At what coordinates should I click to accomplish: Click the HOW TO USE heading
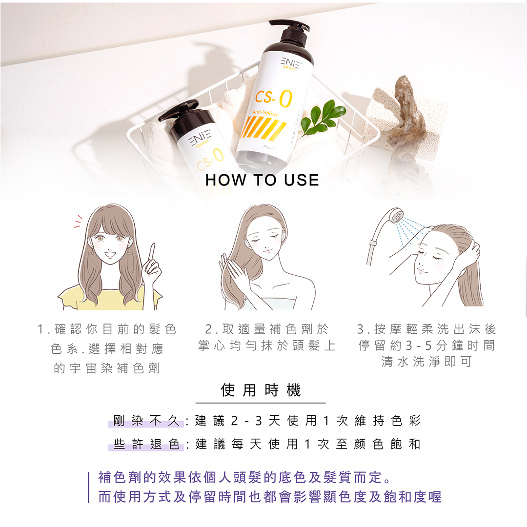click(262, 180)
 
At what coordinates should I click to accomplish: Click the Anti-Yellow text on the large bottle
click(265, 113)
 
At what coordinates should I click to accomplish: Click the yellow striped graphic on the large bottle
click(263, 129)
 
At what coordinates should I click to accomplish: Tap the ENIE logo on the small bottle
click(200, 138)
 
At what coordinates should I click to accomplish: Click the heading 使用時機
click(261, 390)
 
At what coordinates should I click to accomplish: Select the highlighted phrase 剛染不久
click(146, 421)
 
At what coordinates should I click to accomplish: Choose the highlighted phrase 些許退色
click(146, 444)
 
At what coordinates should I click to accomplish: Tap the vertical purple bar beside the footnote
click(89, 487)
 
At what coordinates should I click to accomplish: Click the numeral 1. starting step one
click(44, 329)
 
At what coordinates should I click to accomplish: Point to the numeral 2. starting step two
click(212, 329)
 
